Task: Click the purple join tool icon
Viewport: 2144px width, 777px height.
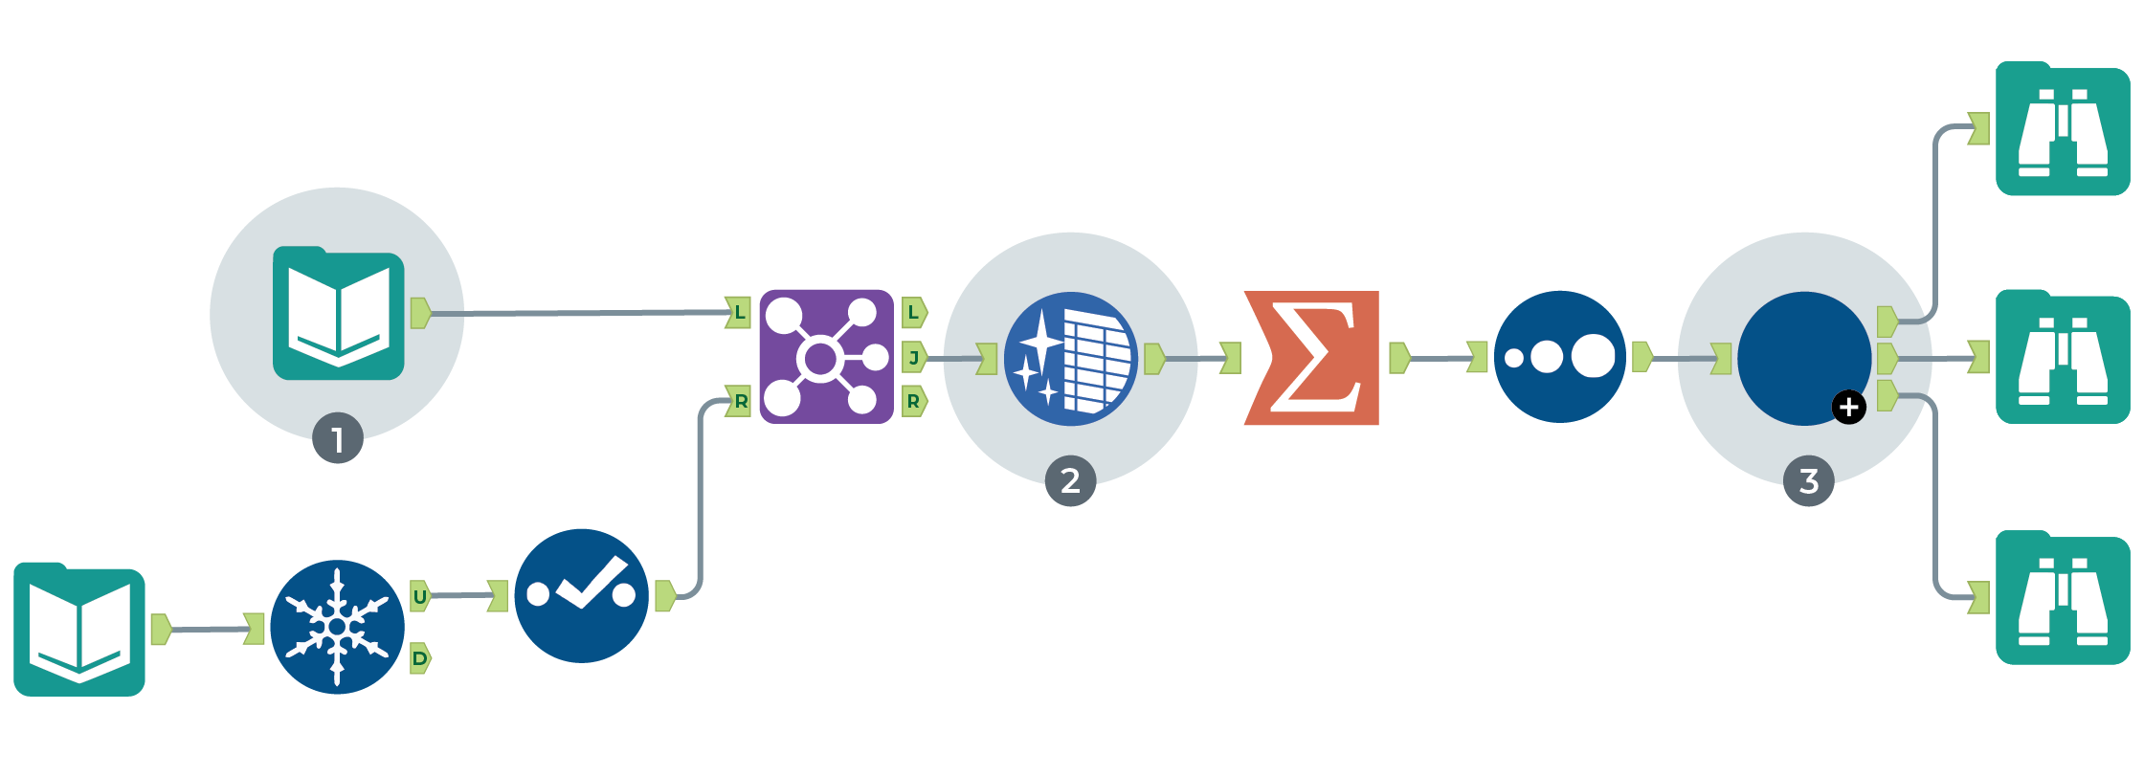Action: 826,357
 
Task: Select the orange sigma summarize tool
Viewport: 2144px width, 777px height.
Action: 1312,358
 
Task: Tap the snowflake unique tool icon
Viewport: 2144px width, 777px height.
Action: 337,627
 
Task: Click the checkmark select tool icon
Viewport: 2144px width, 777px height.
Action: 581,595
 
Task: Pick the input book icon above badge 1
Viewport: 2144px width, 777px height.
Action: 339,314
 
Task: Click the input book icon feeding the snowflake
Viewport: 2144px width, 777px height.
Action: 79,630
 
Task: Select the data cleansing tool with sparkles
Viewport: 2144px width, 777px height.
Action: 1070,359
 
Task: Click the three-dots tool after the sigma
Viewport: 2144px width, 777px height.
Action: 1559,357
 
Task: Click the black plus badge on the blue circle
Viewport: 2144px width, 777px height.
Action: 1848,407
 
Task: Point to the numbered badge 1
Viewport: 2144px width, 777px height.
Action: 337,439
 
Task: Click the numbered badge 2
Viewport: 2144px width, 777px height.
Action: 1070,480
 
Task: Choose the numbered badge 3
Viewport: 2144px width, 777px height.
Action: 1808,480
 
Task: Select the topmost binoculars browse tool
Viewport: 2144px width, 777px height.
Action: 2062,129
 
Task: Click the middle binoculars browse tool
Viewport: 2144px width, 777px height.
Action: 2062,357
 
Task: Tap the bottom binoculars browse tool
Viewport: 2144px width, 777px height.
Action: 2062,598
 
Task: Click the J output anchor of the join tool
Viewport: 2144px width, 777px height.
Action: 914,358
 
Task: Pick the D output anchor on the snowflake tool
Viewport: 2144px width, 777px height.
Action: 420,658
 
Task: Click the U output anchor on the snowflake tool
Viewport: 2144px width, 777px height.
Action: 420,596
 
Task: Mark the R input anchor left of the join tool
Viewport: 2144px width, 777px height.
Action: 739,401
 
